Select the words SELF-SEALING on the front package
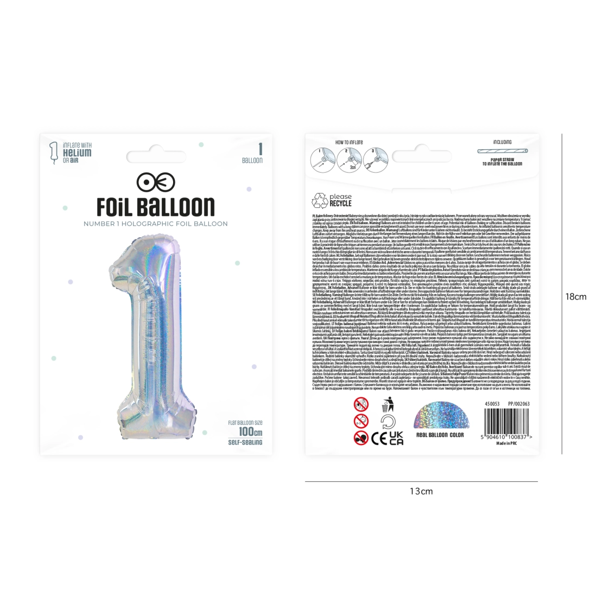(246, 442)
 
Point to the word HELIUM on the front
(77, 153)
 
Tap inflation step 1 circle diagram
(322, 158)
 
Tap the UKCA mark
(397, 439)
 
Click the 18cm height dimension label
(576, 297)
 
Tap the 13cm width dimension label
(421, 491)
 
